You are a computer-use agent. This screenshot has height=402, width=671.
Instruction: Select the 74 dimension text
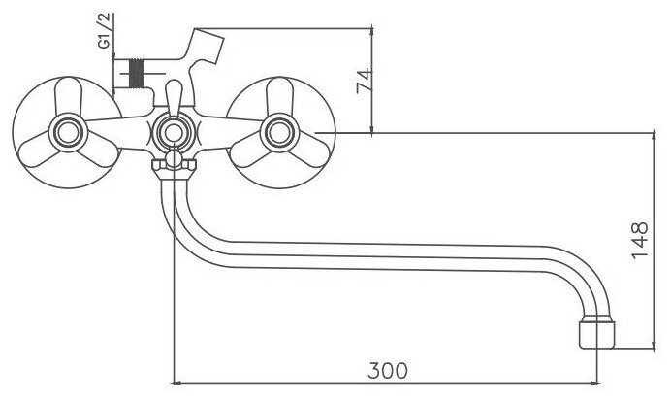[365, 80]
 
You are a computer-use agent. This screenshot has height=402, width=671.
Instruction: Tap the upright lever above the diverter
[172, 95]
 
